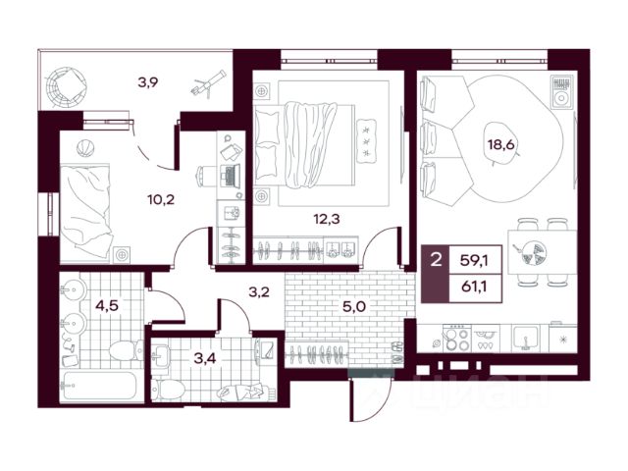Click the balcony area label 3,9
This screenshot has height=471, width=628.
pyautogui.click(x=148, y=82)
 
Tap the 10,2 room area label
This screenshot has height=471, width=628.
pyautogui.click(x=161, y=199)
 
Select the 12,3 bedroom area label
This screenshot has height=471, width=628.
pyautogui.click(x=327, y=219)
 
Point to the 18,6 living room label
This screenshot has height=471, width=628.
pyautogui.click(x=500, y=144)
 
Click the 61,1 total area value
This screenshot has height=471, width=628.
pyautogui.click(x=476, y=287)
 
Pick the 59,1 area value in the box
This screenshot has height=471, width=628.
pyautogui.click(x=475, y=261)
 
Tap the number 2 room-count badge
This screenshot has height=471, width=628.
pyautogui.click(x=436, y=260)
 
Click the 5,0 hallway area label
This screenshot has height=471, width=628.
pyautogui.click(x=353, y=307)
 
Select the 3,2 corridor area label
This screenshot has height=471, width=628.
pyautogui.click(x=259, y=292)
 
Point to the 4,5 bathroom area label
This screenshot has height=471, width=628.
pyautogui.click(x=107, y=305)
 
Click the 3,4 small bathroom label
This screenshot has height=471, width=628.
pyautogui.click(x=205, y=357)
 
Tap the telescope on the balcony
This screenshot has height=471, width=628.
pyautogui.click(x=208, y=83)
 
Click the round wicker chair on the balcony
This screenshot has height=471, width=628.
pyautogui.click(x=66, y=86)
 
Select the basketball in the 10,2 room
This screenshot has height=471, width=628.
pyautogui.click(x=85, y=148)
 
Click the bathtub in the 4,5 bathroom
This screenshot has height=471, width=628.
pyautogui.click(x=100, y=386)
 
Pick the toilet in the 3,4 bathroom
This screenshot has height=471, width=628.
pyautogui.click(x=169, y=390)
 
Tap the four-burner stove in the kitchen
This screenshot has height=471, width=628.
pyautogui.click(x=456, y=339)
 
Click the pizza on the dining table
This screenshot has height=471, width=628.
pyautogui.click(x=531, y=253)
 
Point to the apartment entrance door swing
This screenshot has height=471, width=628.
pyautogui.click(x=370, y=399)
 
